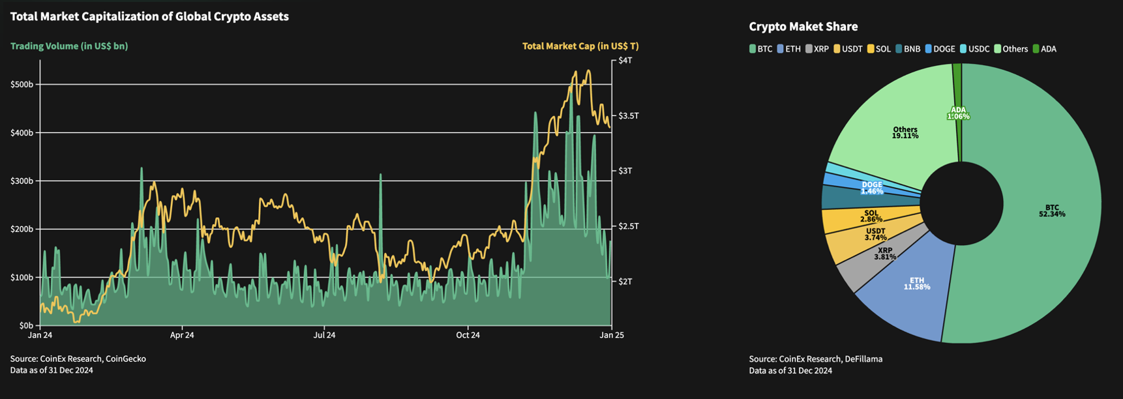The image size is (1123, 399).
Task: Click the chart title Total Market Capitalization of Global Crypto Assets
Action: tap(149, 17)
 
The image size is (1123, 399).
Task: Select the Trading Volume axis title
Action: tap(69, 46)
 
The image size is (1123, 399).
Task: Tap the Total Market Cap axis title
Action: tap(580, 46)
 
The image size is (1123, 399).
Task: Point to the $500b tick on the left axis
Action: tap(22, 85)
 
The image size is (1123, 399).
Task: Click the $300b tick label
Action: tap(22, 181)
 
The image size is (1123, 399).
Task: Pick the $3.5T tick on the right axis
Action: tap(629, 115)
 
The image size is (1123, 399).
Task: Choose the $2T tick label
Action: tap(625, 282)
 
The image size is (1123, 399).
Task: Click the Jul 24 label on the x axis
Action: tap(324, 335)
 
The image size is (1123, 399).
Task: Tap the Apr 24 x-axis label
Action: tap(182, 335)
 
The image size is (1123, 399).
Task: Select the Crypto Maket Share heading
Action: tap(803, 27)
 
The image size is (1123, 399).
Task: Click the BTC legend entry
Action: tap(760, 49)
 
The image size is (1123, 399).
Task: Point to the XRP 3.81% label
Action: tap(884, 254)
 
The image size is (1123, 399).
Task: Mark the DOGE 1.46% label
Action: tap(871, 188)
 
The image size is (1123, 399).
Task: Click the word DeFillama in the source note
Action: tap(861, 359)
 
